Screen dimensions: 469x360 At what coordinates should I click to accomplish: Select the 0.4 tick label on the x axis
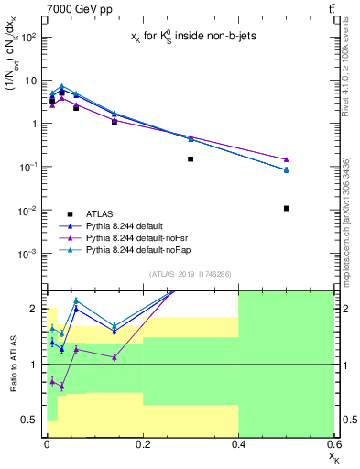pos(238,443)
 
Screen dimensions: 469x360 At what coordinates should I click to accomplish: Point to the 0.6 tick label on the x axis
pos(333,443)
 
